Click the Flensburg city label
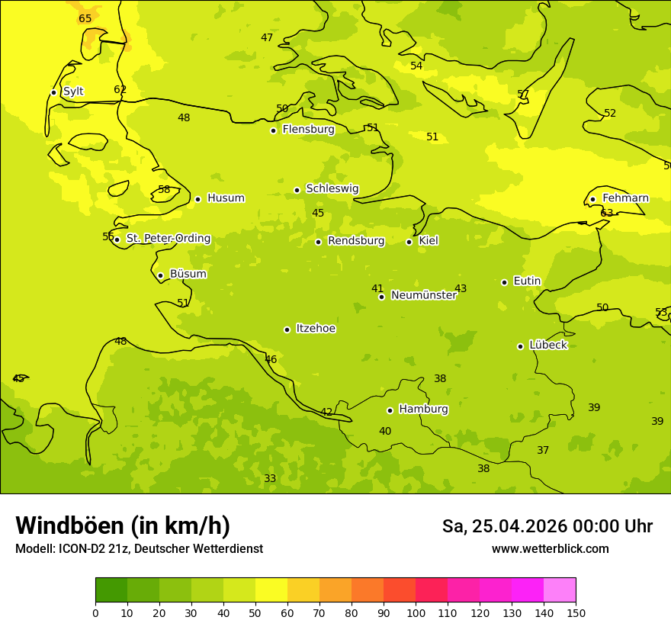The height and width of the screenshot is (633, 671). pyautogui.click(x=308, y=130)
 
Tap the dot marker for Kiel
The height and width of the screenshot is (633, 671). pyautogui.click(x=409, y=242)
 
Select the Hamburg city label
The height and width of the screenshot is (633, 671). pyautogui.click(x=423, y=410)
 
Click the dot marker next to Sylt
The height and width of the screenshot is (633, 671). pyautogui.click(x=53, y=92)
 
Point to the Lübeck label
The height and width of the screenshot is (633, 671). pyautogui.click(x=547, y=345)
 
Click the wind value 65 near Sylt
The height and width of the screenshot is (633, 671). pyautogui.click(x=85, y=19)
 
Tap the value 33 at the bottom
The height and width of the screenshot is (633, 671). pyautogui.click(x=270, y=479)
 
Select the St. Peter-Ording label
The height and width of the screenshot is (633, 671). pyautogui.click(x=168, y=239)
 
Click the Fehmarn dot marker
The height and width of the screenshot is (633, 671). pyautogui.click(x=592, y=199)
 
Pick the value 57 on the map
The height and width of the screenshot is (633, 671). pyautogui.click(x=523, y=95)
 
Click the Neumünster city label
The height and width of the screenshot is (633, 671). pyautogui.click(x=423, y=295)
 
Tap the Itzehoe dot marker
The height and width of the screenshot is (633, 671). pyautogui.click(x=287, y=329)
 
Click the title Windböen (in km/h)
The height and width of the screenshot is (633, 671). pyautogui.click(x=123, y=525)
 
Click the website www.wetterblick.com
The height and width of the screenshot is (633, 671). pyautogui.click(x=550, y=549)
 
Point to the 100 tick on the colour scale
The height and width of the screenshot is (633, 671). pyautogui.click(x=416, y=612)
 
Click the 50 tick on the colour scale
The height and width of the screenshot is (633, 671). pyautogui.click(x=255, y=612)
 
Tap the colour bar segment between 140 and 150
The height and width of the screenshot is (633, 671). pyautogui.click(x=560, y=590)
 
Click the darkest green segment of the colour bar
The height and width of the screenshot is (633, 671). pyautogui.click(x=111, y=590)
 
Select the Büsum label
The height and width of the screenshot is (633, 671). pyautogui.click(x=188, y=274)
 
